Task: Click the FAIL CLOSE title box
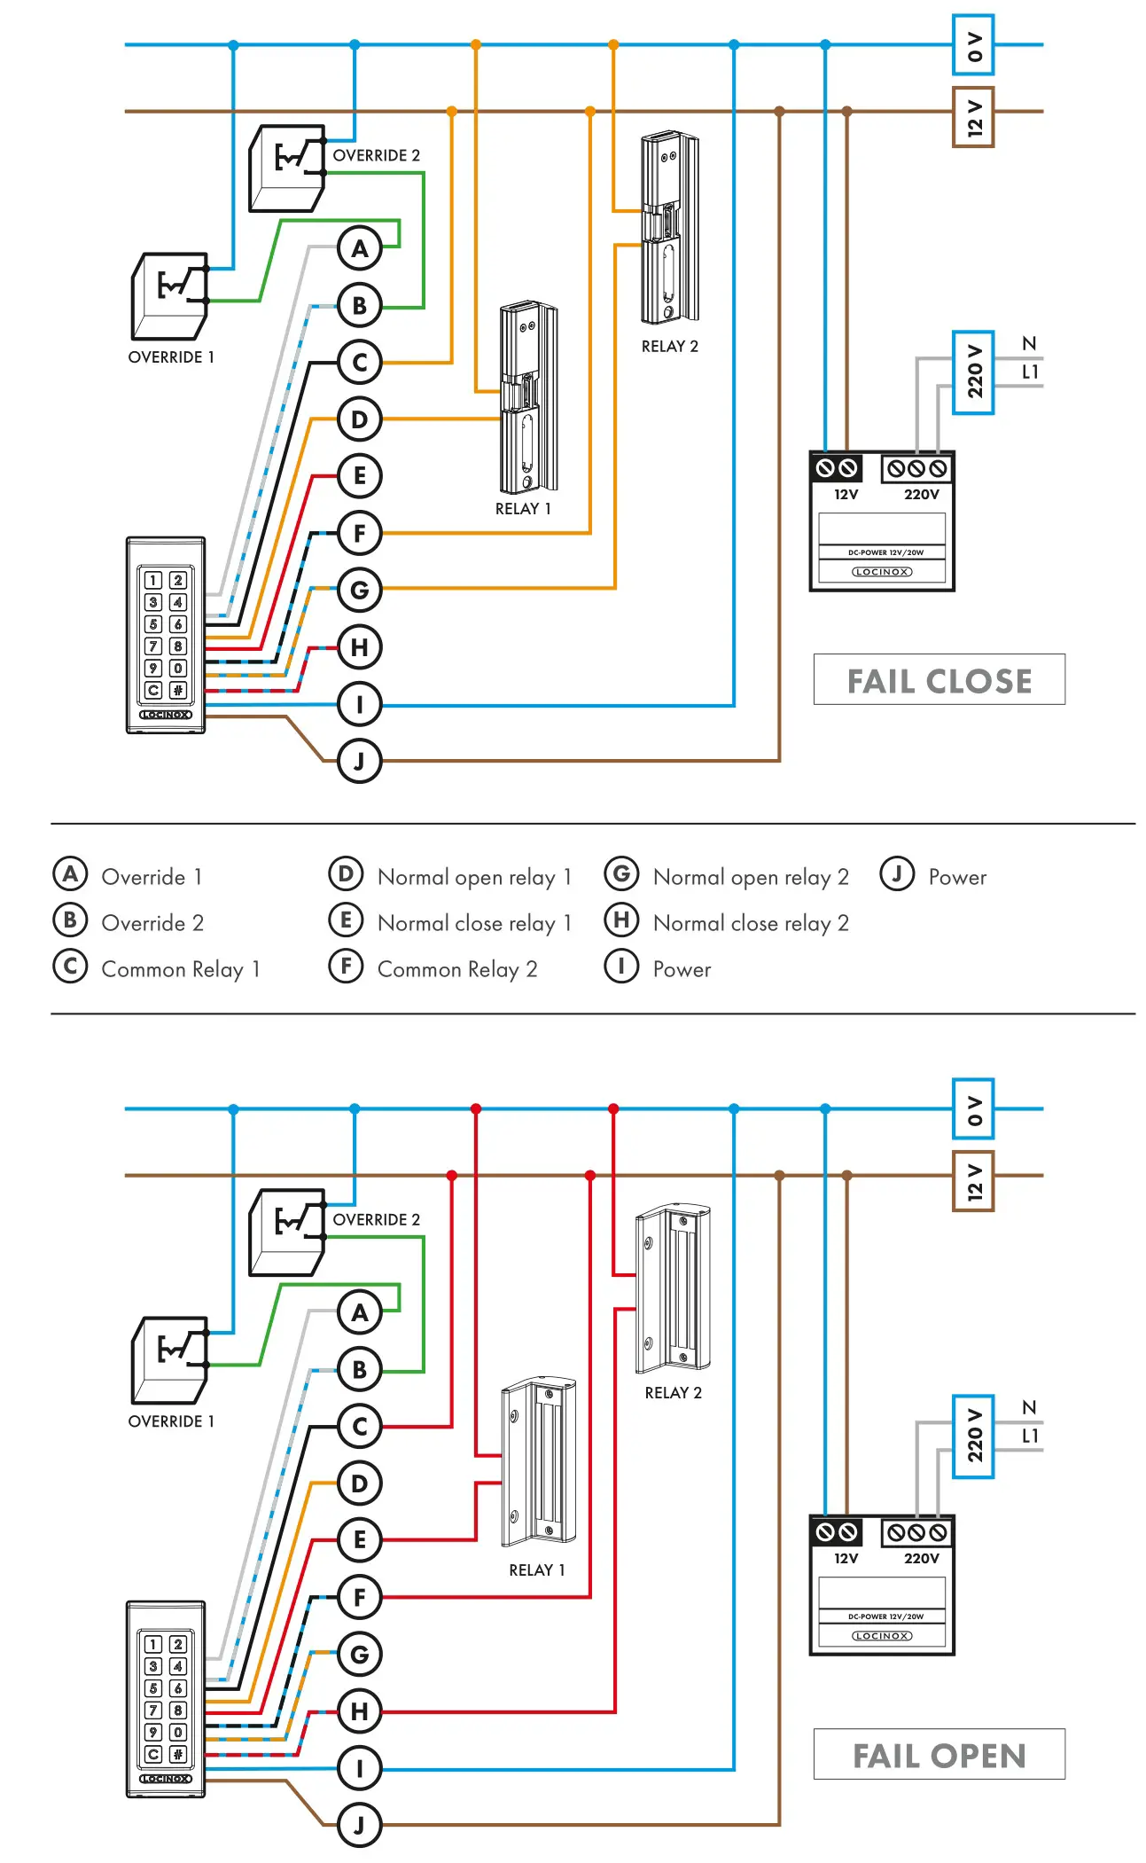click(939, 680)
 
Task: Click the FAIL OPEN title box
click(939, 1755)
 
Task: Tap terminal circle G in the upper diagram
click(359, 590)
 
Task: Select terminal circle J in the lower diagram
click(359, 1825)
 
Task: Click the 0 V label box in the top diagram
click(972, 45)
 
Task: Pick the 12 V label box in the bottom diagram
click(972, 1181)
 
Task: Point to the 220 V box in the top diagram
click(972, 372)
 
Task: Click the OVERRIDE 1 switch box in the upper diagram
click(169, 296)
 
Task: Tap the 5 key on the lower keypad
click(153, 1688)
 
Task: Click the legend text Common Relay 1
click(181, 969)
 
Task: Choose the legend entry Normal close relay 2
click(751, 923)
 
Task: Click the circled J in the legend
click(896, 874)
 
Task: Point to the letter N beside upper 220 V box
click(1028, 344)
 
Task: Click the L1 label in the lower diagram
click(1030, 1436)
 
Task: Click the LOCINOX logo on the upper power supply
click(882, 572)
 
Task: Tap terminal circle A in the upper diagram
click(359, 248)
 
